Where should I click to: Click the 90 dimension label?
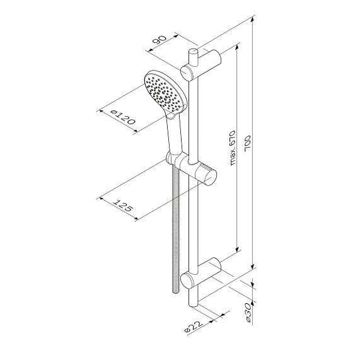(160, 41)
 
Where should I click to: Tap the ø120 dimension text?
(122, 117)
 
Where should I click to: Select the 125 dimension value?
(123, 206)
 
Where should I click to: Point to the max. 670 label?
(232, 148)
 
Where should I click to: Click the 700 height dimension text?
(248, 144)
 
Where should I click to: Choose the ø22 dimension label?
(194, 327)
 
